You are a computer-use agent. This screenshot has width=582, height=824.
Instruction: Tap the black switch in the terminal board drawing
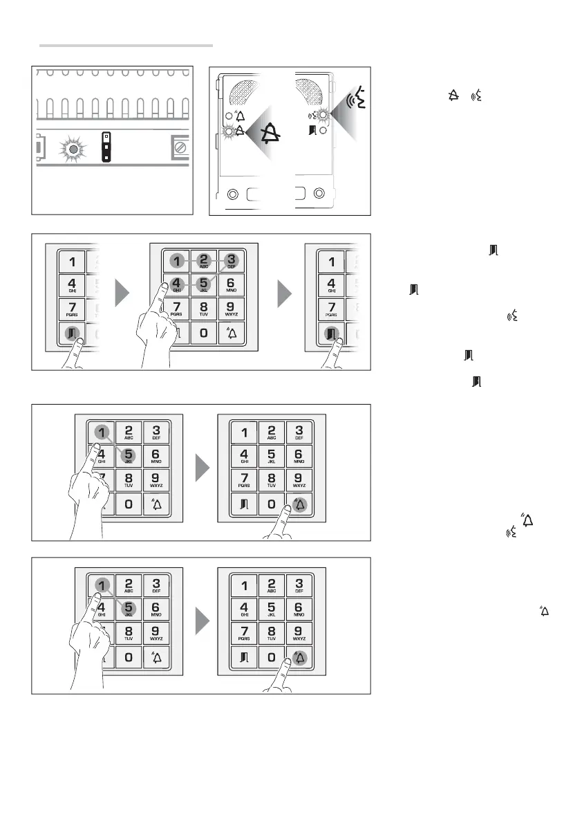coord(107,147)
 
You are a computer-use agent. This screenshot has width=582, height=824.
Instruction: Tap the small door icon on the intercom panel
coord(314,129)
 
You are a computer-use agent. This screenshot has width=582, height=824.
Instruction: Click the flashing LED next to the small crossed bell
coord(229,129)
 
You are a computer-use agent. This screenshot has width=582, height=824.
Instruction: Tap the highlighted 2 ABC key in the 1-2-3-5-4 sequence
coord(203,262)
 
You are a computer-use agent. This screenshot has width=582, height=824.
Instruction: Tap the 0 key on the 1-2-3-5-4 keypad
coord(203,333)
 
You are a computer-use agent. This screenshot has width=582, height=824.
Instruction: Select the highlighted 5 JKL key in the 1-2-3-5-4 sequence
coord(203,284)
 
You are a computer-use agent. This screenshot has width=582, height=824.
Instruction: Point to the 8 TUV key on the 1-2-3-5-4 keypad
coord(203,308)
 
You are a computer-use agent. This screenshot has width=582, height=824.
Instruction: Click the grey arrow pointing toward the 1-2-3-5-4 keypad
coord(122,294)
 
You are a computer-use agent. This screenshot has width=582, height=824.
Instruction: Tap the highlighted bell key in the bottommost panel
coord(299,658)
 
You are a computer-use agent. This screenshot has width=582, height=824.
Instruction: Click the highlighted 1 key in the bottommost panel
coord(101,585)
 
